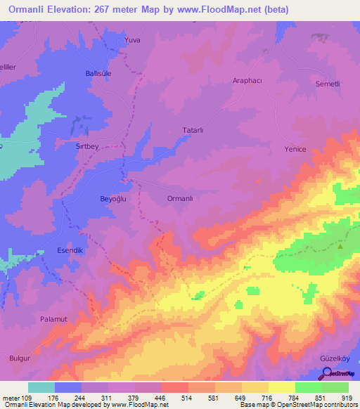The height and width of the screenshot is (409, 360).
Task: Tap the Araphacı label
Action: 247,81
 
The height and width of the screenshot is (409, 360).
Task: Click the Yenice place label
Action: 296,149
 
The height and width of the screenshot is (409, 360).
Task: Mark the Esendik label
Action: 70,251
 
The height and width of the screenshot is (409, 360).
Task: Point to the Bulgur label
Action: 20,358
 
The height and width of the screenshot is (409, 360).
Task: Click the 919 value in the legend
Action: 348,397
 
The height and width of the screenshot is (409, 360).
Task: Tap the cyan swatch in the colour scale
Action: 41,387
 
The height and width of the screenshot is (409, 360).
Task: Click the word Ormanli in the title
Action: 31,10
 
